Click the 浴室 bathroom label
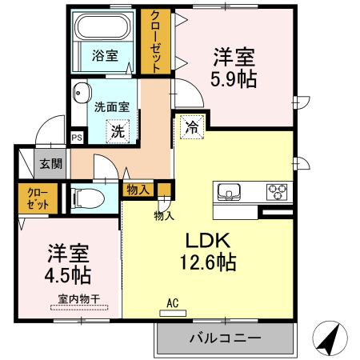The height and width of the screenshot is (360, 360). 104,56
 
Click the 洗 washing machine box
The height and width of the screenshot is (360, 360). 118,130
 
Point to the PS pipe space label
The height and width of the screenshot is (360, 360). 77,138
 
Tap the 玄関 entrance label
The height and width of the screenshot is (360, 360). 50,164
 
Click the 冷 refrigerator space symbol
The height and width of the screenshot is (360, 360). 192,127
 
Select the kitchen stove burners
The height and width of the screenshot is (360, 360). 278,192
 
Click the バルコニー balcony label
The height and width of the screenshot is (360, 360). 225,338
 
